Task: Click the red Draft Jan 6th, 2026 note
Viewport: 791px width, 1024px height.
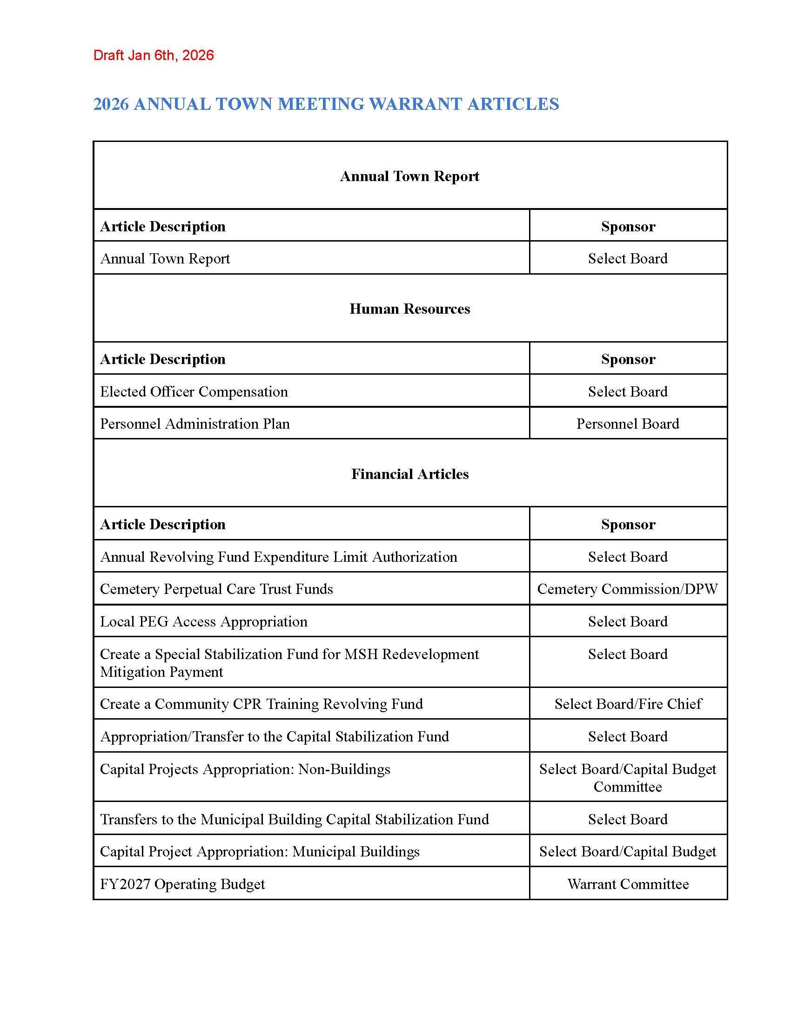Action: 153,55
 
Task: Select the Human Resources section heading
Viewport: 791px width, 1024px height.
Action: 409,309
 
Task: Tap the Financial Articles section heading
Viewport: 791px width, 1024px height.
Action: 409,474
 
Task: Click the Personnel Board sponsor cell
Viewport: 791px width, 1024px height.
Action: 628,424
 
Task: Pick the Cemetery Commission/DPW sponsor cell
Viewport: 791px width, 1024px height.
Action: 628,589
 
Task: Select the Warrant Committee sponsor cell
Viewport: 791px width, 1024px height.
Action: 628,884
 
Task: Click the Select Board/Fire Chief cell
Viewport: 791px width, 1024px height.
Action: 628,704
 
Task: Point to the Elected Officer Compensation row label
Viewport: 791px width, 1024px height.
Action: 194,391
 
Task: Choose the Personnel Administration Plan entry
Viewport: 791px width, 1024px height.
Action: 195,424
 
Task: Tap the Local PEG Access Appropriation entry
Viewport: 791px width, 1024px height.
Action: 204,621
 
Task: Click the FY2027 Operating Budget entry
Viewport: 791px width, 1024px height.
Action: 182,884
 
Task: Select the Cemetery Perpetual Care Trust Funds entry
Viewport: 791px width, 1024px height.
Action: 216,589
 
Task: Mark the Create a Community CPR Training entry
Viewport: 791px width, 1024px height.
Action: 261,704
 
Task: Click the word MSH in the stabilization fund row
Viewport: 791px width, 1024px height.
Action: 361,654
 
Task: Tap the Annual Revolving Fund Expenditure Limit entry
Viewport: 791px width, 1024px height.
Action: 279,557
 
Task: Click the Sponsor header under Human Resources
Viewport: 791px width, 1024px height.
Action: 628,359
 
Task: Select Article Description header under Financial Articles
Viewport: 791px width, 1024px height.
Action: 162,524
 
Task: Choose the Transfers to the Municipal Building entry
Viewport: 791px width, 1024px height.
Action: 294,819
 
